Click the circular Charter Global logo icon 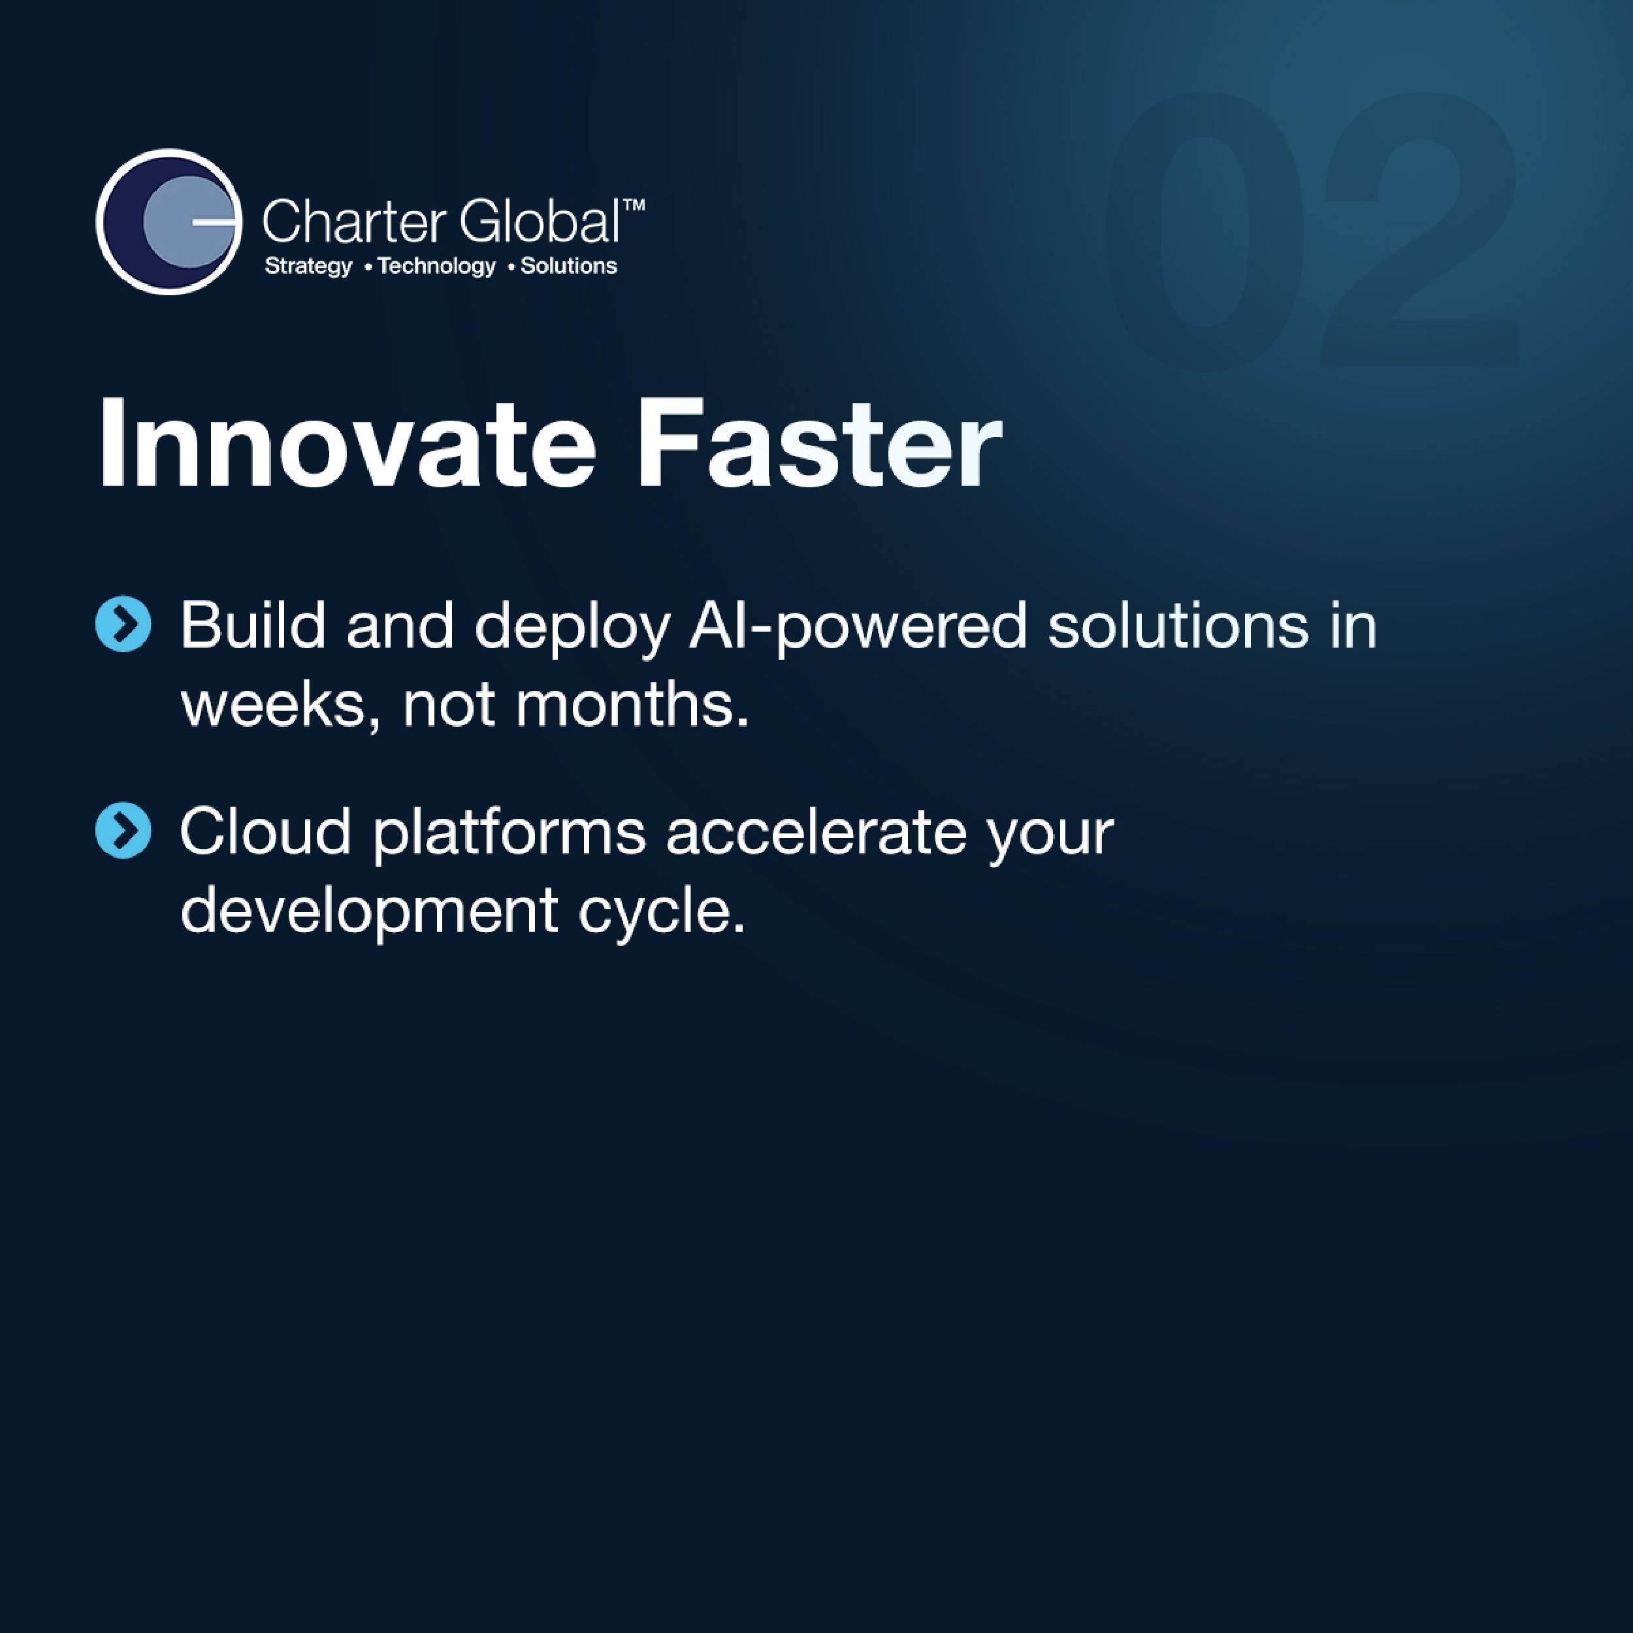(169, 221)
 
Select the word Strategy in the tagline (308, 267)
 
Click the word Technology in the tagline (436, 267)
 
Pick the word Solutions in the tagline (568, 267)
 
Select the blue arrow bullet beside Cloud (124, 830)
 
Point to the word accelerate (816, 832)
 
